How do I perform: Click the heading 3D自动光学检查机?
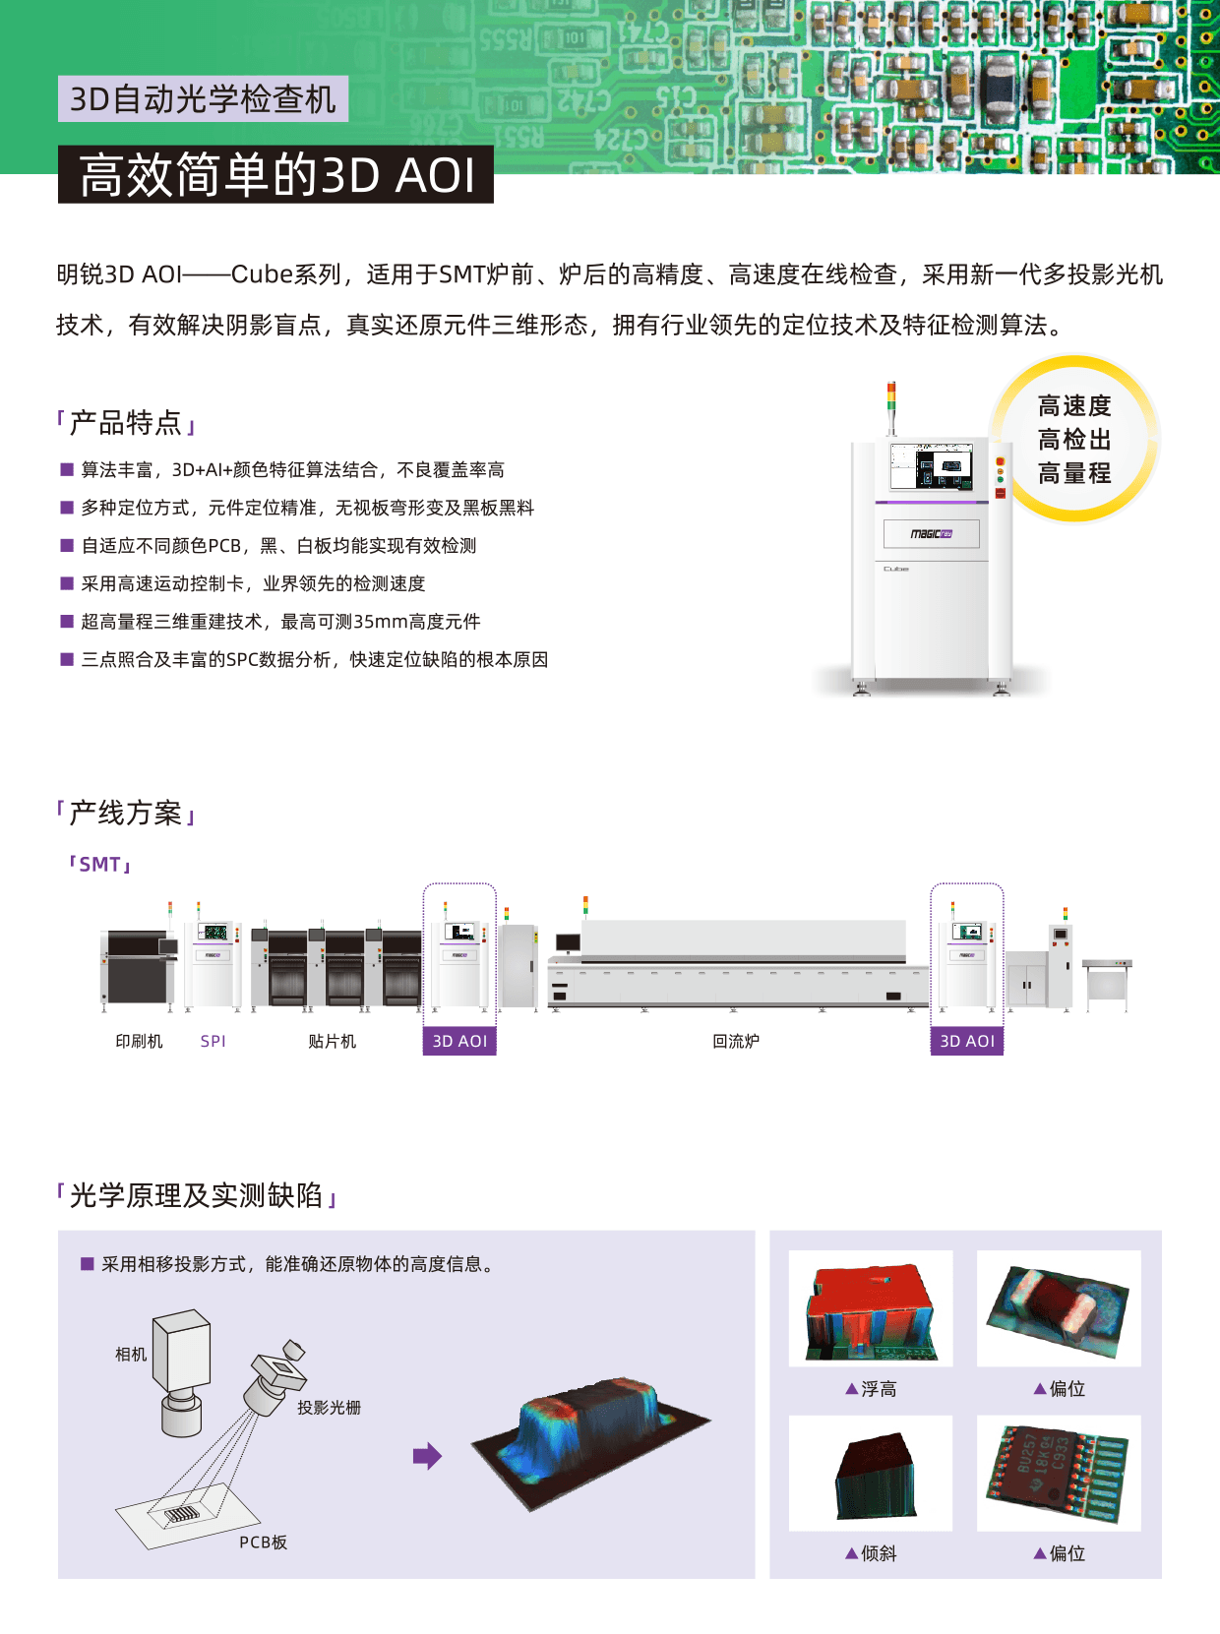pyautogui.click(x=203, y=99)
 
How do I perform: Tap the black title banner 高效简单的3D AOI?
pyautogui.click(x=276, y=175)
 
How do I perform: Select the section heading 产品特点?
pyautogui.click(x=126, y=423)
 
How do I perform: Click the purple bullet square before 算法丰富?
pyautogui.click(x=67, y=469)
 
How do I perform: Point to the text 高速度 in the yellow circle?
pyautogui.click(x=1074, y=405)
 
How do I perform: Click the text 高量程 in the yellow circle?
pyautogui.click(x=1074, y=474)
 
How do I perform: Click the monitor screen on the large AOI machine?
pyautogui.click(x=931, y=465)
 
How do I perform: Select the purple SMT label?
pyautogui.click(x=99, y=864)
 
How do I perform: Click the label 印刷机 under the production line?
pyautogui.click(x=139, y=1041)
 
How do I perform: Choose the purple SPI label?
pyautogui.click(x=213, y=1041)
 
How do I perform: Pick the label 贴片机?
pyautogui.click(x=332, y=1041)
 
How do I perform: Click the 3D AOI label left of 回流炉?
pyautogui.click(x=459, y=1041)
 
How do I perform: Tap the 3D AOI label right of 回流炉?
pyautogui.click(x=967, y=1041)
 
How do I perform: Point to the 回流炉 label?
pyautogui.click(x=736, y=1041)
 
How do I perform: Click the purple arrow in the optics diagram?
pyautogui.click(x=427, y=1455)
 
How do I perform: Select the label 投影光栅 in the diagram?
pyautogui.click(x=329, y=1408)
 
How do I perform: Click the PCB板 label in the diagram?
pyautogui.click(x=263, y=1542)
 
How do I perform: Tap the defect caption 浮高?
pyautogui.click(x=872, y=1389)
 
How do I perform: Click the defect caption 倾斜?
pyautogui.click(x=872, y=1553)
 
